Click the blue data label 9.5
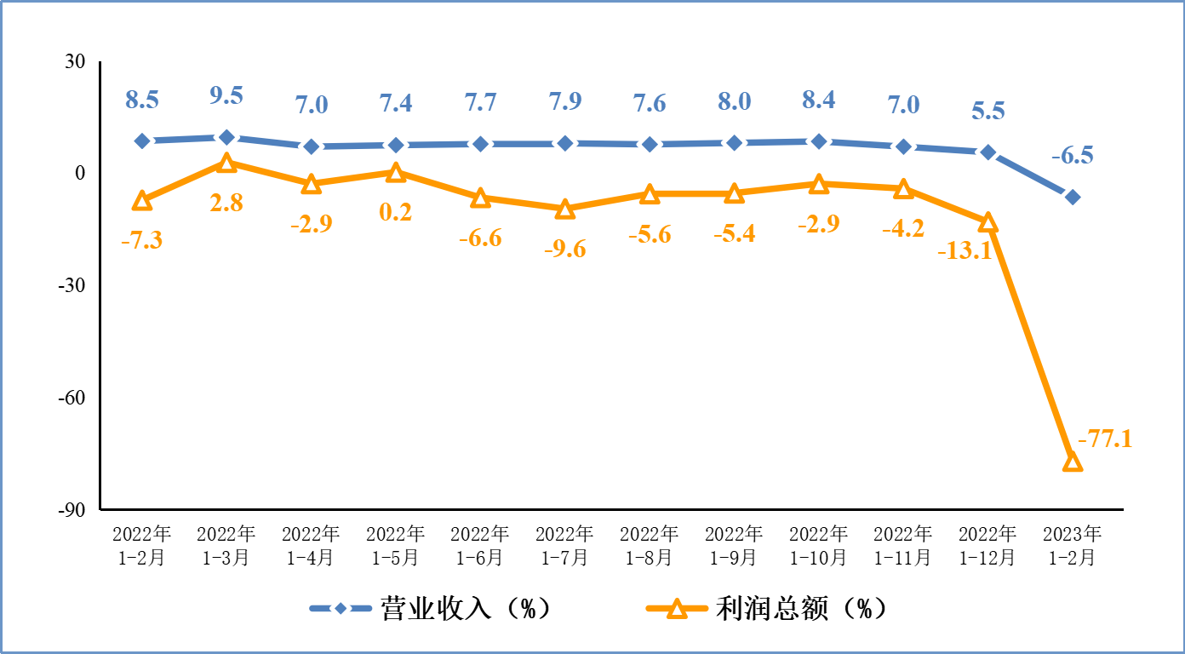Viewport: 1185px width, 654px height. [226, 95]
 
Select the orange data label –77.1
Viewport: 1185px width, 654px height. [1105, 439]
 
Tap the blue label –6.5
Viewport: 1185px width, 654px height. [1073, 156]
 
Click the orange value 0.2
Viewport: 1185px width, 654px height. [395, 211]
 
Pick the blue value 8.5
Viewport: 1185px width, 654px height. [142, 100]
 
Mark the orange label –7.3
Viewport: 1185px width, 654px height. [141, 240]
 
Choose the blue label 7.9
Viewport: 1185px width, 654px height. [564, 103]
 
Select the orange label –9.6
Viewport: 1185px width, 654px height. [564, 250]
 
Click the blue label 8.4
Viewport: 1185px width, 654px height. [819, 100]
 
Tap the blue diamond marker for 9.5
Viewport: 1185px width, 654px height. [226, 136]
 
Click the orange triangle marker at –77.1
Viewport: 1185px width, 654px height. [1073, 462]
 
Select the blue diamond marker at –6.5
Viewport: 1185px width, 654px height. [1073, 197]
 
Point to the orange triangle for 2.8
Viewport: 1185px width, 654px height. [226, 163]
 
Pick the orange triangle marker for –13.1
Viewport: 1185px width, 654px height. [988, 222]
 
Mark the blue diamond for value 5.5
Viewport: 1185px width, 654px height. [988, 152]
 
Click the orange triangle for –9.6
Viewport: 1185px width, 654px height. [564, 209]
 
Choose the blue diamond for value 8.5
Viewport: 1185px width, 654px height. [142, 141]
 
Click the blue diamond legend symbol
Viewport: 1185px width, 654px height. [341, 608]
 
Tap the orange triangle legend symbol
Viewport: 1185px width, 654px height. [677, 608]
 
